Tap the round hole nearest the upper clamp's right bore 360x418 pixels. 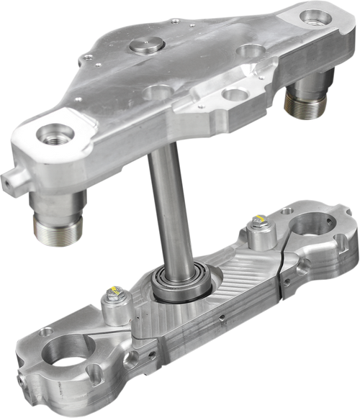coord(251,51)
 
